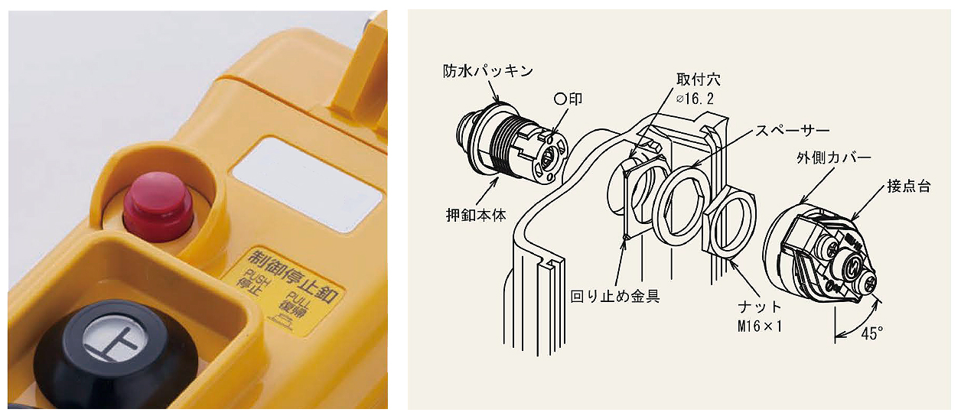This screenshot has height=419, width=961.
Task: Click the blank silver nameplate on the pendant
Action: coord(306,185)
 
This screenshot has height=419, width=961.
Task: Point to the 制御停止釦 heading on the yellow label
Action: coord(295,275)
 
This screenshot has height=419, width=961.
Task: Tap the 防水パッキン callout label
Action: coord(488,71)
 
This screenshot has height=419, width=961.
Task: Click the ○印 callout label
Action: coord(568,99)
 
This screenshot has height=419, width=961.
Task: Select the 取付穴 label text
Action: coord(699,80)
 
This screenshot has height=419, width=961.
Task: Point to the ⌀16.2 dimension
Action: coord(695,99)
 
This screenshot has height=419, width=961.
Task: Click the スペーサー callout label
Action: coord(792,131)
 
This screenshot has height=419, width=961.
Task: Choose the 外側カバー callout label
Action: coord(833,158)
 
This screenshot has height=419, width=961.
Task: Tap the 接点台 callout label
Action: coord(909,186)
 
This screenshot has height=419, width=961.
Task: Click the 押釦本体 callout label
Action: coord(476,215)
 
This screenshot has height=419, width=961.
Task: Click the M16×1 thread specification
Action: coord(760,326)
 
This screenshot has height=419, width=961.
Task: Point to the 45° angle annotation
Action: coord(871,333)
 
